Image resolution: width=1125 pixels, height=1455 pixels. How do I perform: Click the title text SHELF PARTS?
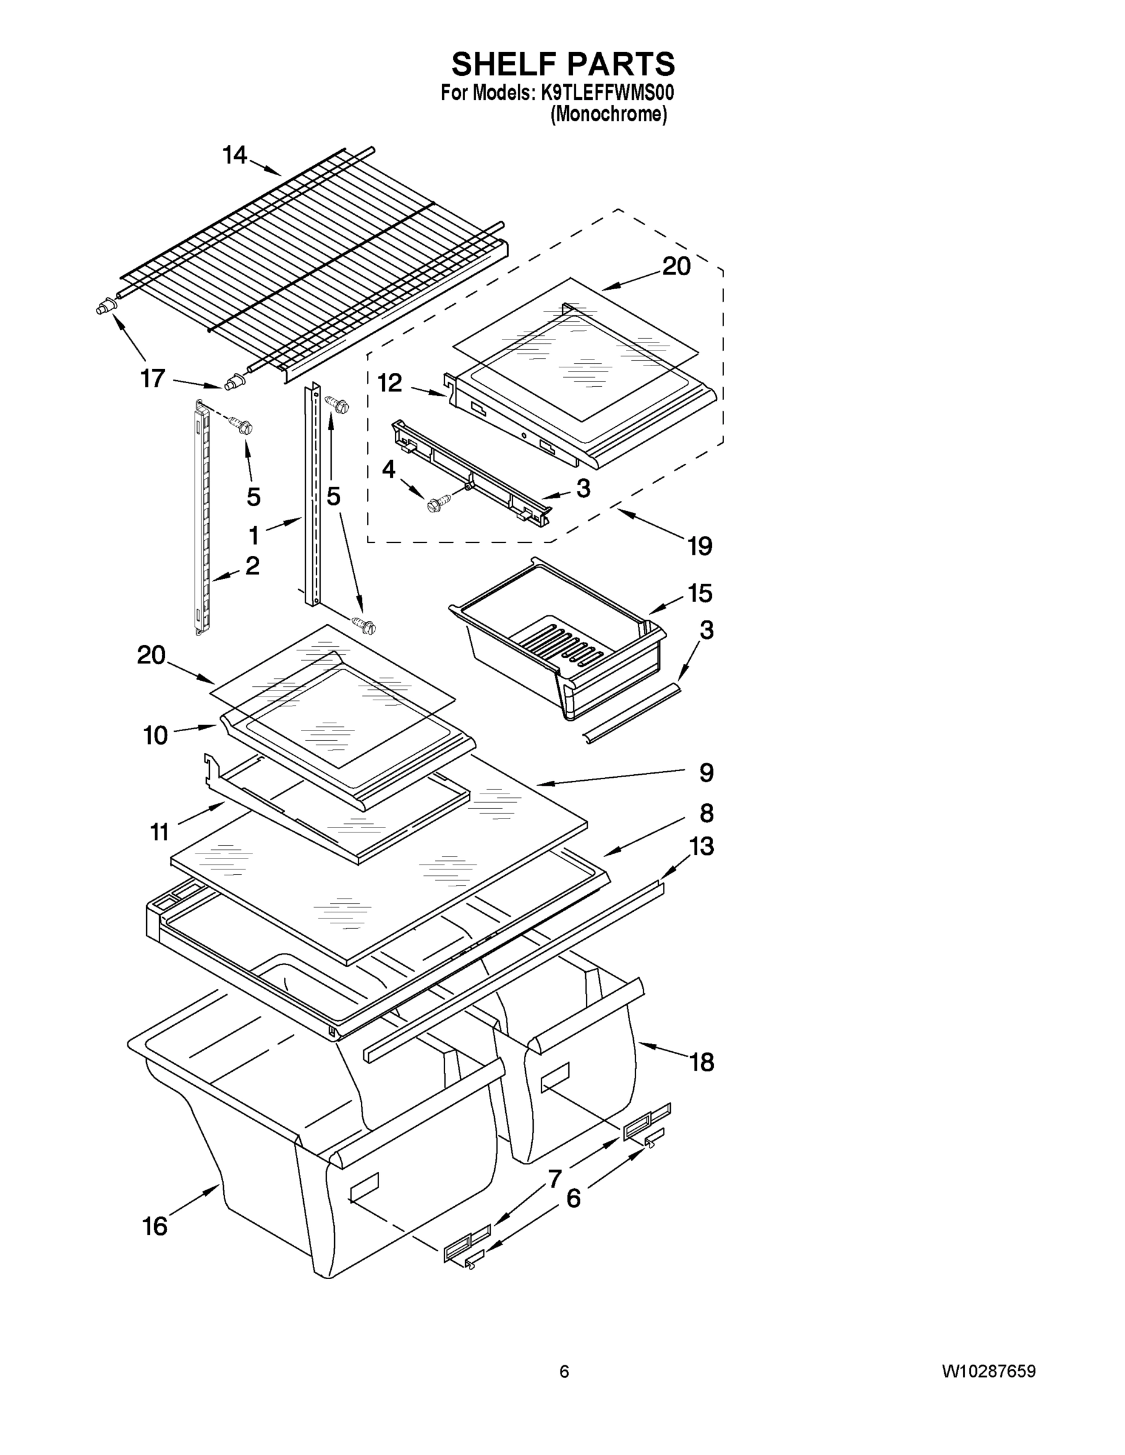563,65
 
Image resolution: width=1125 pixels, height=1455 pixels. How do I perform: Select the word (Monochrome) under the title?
608,115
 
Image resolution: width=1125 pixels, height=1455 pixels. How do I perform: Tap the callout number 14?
235,155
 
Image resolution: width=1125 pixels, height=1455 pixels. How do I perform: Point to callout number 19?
700,546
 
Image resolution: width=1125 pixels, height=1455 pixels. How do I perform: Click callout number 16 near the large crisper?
155,1226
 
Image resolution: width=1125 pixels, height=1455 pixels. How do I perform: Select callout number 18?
702,1063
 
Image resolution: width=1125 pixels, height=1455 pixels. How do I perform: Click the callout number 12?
390,383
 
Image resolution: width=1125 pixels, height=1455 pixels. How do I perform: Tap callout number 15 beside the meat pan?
700,593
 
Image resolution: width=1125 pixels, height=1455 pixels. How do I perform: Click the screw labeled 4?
437,504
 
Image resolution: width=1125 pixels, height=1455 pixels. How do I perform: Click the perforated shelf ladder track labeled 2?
203,520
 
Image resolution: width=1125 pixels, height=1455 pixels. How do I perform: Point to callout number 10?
155,735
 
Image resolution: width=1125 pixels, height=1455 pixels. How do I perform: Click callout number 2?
252,566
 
